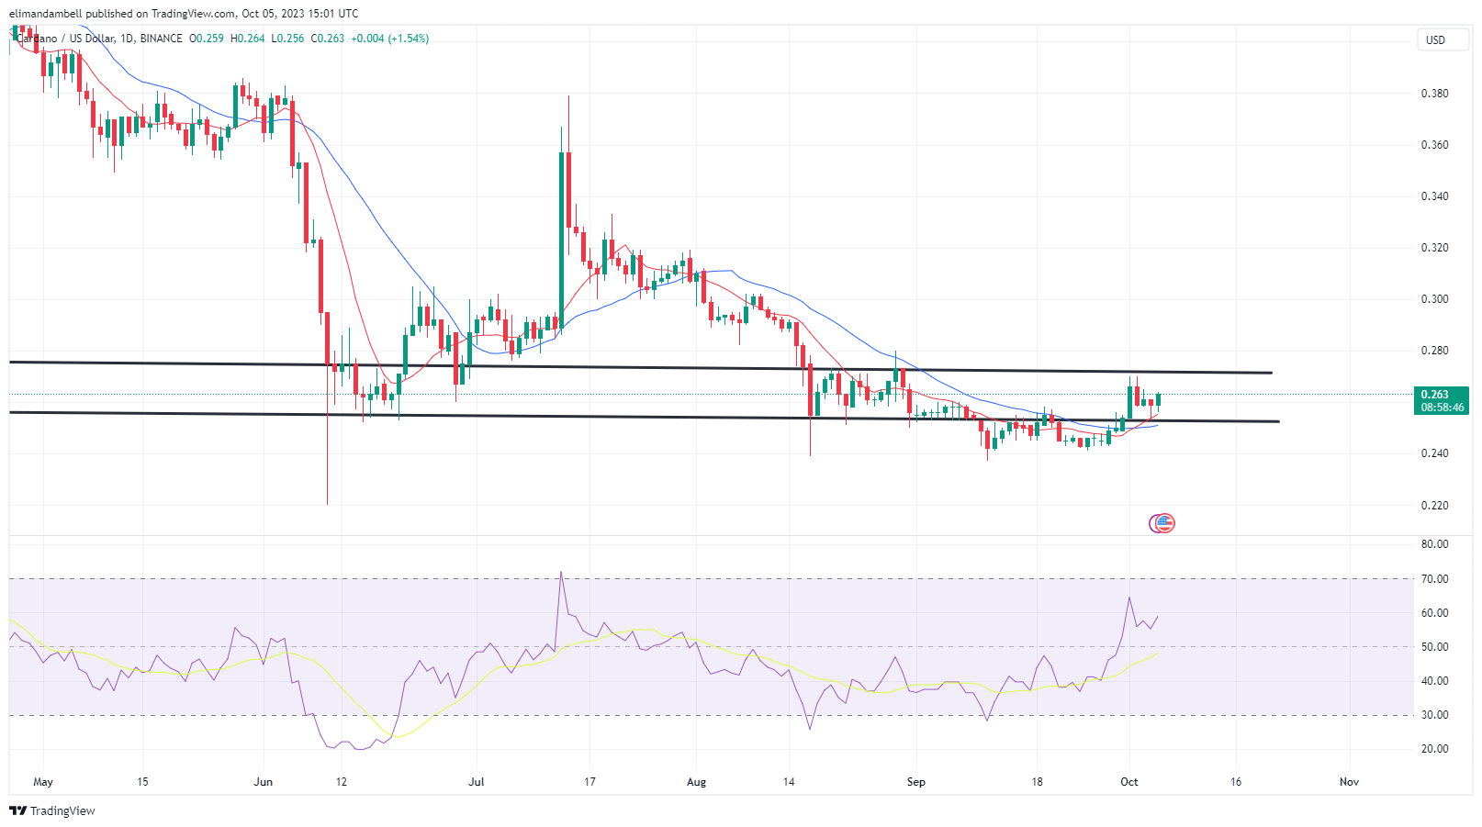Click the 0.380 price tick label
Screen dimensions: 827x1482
click(1434, 94)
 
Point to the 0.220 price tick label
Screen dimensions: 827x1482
click(1434, 506)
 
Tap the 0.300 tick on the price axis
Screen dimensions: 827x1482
click(1434, 299)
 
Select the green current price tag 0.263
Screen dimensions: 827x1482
click(1442, 400)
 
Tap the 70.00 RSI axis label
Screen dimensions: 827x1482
click(1435, 579)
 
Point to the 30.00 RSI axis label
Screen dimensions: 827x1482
click(1435, 715)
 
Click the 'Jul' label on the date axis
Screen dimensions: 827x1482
click(476, 782)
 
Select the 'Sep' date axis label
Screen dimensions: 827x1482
click(915, 782)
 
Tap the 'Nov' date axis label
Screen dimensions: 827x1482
click(1349, 782)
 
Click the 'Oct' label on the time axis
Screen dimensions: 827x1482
click(1128, 782)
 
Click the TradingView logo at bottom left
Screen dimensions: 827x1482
click(52, 811)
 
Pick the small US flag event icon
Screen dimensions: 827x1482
click(1163, 523)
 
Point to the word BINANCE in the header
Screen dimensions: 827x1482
click(162, 39)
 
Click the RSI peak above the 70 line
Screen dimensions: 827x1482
click(560, 573)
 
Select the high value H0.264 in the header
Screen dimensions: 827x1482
click(247, 39)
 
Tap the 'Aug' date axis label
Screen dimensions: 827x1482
click(696, 782)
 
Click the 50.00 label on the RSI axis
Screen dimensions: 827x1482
click(1435, 647)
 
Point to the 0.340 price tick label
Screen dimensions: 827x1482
click(1434, 196)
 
